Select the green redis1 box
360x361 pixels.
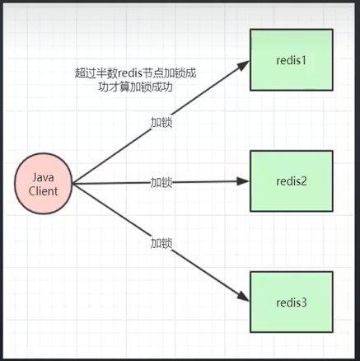coord(291,61)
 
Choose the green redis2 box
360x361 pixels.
coord(291,182)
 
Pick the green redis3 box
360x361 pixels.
coord(291,302)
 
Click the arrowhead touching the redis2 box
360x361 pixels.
coord(244,182)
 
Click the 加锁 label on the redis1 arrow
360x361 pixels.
coord(161,122)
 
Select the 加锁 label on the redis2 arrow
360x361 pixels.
coord(161,182)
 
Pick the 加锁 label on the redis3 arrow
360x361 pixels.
coord(161,244)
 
